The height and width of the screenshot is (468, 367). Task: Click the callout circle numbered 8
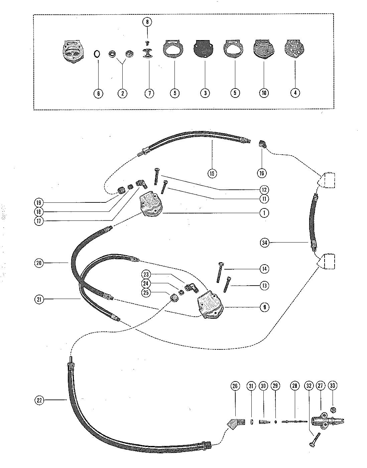tap(147, 22)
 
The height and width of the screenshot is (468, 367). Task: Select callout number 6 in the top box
tap(98, 93)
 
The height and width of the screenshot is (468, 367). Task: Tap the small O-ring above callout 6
tap(97, 54)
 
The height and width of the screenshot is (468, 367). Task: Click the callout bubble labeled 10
tap(264, 93)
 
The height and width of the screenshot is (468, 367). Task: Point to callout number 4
tap(295, 93)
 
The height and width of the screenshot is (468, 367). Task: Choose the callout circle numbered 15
tap(212, 173)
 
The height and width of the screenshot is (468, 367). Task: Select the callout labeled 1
tap(264, 213)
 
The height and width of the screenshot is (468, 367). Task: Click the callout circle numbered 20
tap(39, 263)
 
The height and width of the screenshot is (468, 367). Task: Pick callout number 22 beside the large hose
tap(39, 400)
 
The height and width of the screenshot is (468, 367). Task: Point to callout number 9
tap(264, 307)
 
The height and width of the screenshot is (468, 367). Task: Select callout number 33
tap(332, 386)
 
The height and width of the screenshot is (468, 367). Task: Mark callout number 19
tap(39, 202)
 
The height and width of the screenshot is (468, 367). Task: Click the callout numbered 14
tap(264, 269)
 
